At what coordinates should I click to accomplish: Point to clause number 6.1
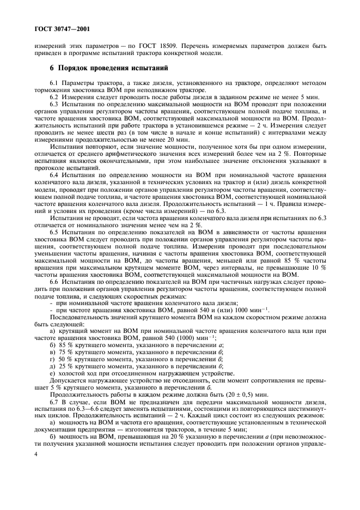pos(53,82)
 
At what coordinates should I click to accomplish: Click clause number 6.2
pos(53,96)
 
